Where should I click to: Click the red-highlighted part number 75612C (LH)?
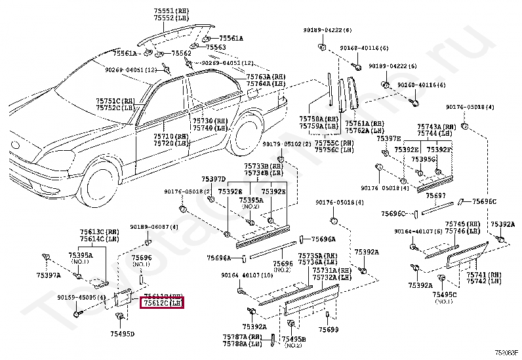point(162,303)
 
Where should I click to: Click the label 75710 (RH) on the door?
point(171,136)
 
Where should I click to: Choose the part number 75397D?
point(213,179)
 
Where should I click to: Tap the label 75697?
point(435,195)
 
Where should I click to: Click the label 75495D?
point(123,334)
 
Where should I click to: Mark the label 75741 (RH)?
point(484,274)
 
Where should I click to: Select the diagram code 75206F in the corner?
point(506,353)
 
